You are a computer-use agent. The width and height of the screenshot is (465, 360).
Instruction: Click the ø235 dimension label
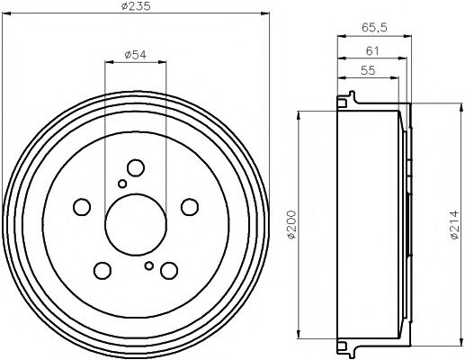[x=136, y=8]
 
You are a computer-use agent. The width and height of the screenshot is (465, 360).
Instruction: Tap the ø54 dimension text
[x=135, y=56]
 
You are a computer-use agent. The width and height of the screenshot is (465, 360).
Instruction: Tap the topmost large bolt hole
[x=136, y=168]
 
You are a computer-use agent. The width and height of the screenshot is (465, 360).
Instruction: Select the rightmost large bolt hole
[x=189, y=206]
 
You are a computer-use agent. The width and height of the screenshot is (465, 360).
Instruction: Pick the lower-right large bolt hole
[x=168, y=269]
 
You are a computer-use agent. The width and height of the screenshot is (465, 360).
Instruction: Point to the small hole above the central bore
[x=122, y=184]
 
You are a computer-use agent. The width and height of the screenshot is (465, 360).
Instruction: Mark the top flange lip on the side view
[x=342, y=100]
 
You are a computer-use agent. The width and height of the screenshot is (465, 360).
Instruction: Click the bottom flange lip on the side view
[x=342, y=346]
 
